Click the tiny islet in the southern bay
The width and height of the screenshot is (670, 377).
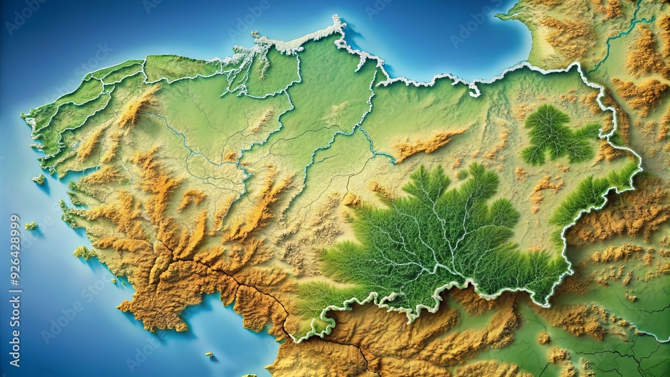tap(210, 355)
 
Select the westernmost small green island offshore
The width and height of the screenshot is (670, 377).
tap(31, 226)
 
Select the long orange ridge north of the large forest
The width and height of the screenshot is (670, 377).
tap(429, 143)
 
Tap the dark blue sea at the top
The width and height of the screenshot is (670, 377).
tap(429, 33)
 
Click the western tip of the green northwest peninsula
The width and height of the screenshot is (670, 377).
tap(25, 118)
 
